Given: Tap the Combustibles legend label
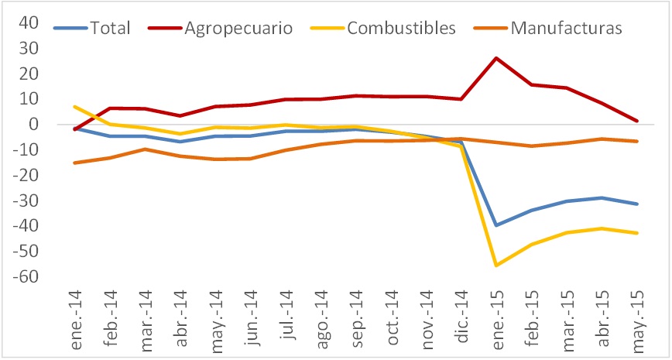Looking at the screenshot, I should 401,29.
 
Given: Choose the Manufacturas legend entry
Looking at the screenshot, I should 567,29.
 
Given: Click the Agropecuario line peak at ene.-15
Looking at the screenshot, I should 495,58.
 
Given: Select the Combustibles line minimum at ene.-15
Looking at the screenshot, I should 495,266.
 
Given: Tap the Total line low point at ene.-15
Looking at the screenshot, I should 495,225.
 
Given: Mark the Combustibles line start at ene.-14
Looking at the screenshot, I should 75,106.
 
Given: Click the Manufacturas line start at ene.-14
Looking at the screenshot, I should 75,163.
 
